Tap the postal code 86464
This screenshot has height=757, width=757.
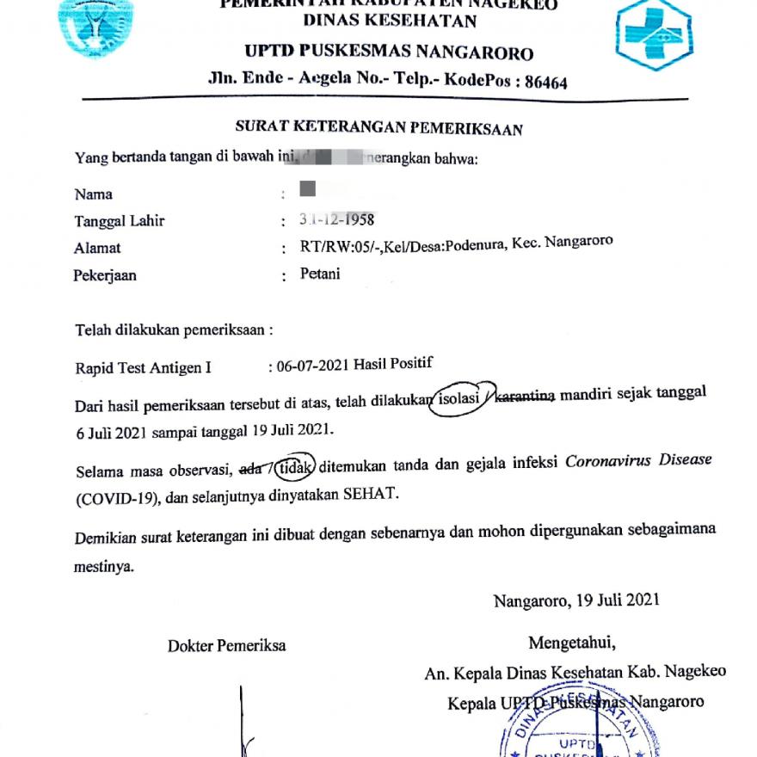coord(539,83)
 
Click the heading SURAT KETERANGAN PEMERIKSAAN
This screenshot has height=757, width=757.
coord(379,129)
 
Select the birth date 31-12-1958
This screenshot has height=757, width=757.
coord(336,219)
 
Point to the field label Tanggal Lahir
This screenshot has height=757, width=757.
coord(120,221)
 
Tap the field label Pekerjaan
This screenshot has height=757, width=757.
coord(106,276)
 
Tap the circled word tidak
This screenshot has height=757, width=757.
coord(293,468)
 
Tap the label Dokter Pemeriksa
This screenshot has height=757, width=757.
coord(227,646)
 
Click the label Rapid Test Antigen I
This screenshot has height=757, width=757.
coord(143,369)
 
